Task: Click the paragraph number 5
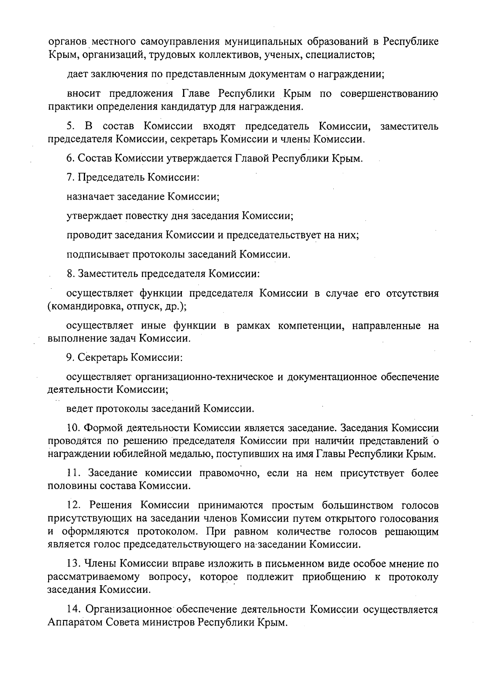(70, 126)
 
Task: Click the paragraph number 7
(70, 177)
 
